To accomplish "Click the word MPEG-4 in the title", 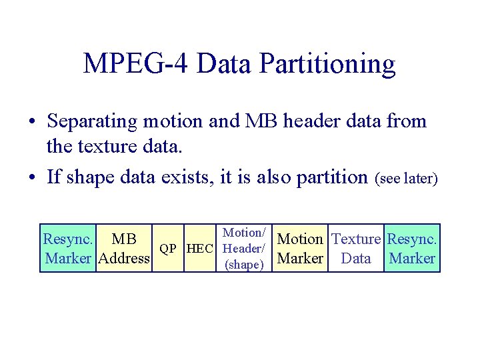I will (135, 64).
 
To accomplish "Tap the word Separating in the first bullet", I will (95, 121).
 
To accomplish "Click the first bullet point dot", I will (32, 123).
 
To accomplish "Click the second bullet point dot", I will (32, 178).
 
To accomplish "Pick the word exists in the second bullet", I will (189, 177).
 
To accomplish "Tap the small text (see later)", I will (406, 179).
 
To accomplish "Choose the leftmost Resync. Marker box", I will (68, 248).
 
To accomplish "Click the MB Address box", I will (123, 248).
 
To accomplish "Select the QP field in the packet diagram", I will (169, 248).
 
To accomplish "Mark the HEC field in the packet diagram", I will (201, 248).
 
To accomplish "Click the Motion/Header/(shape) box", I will (245, 248).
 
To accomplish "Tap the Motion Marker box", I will (300, 248).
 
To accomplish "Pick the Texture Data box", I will (356, 248).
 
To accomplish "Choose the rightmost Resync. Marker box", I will (412, 248).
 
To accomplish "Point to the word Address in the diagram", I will (123, 258).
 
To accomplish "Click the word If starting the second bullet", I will (55, 177).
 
